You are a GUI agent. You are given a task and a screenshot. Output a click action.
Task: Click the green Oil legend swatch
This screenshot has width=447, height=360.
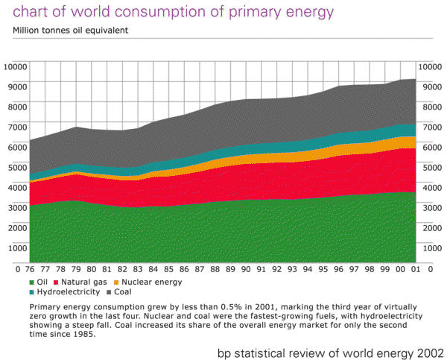click(32, 282)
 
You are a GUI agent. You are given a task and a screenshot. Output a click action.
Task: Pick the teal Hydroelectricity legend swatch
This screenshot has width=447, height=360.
click(32, 294)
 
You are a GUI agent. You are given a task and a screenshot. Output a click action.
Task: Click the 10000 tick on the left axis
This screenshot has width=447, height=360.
click(14, 66)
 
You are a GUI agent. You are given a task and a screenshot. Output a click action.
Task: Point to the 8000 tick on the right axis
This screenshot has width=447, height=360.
click(433, 106)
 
